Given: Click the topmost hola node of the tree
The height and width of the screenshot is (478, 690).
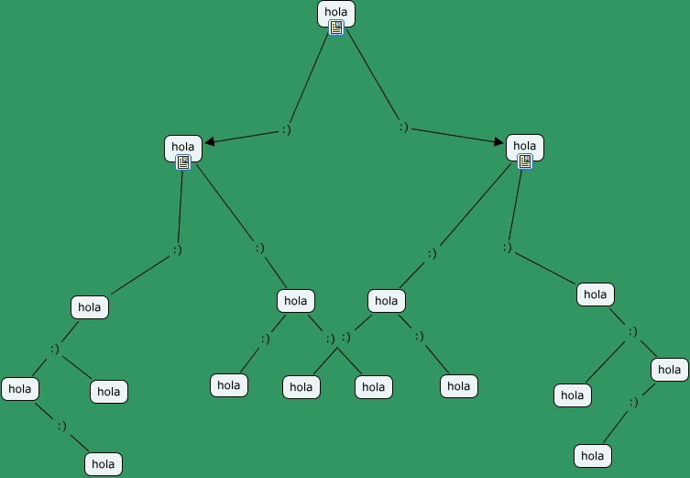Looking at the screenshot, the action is pyautogui.click(x=336, y=13).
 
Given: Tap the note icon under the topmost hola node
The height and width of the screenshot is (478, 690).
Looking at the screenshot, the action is pyautogui.click(x=336, y=28).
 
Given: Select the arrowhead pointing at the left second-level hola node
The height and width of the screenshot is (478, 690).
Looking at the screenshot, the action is pyautogui.click(x=209, y=141).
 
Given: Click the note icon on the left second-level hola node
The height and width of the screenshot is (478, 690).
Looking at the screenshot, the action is pyautogui.click(x=183, y=162).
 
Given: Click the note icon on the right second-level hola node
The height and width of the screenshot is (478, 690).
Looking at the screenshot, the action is pyautogui.click(x=525, y=161).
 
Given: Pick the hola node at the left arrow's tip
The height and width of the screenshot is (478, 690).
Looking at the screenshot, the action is pyautogui.click(x=183, y=146).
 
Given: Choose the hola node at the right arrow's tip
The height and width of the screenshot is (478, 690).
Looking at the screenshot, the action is pyautogui.click(x=525, y=145).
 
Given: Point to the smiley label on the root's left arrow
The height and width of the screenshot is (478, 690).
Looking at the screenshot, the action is pyautogui.click(x=286, y=130).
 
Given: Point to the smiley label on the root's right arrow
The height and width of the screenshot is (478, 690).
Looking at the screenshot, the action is pyautogui.click(x=403, y=128).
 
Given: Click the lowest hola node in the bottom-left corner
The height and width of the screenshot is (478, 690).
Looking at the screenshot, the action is pyautogui.click(x=104, y=464).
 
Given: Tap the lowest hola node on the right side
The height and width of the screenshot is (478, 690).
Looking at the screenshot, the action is pyautogui.click(x=593, y=455).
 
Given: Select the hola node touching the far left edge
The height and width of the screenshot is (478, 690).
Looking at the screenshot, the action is pyautogui.click(x=20, y=389).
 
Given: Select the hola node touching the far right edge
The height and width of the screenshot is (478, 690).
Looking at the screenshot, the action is pyautogui.click(x=670, y=370).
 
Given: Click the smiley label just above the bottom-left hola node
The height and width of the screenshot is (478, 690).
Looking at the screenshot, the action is pyautogui.click(x=61, y=426).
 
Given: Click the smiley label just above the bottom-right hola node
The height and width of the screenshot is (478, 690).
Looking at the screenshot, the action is pyautogui.click(x=633, y=403).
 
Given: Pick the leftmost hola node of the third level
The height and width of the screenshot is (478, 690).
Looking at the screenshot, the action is pyautogui.click(x=90, y=307).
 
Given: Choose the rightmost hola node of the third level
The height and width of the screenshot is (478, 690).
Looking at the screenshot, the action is pyautogui.click(x=596, y=295).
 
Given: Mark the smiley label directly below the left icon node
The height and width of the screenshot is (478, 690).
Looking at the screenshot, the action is pyautogui.click(x=177, y=250).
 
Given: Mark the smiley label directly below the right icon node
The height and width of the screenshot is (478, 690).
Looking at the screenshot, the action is pyautogui.click(x=507, y=248).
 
